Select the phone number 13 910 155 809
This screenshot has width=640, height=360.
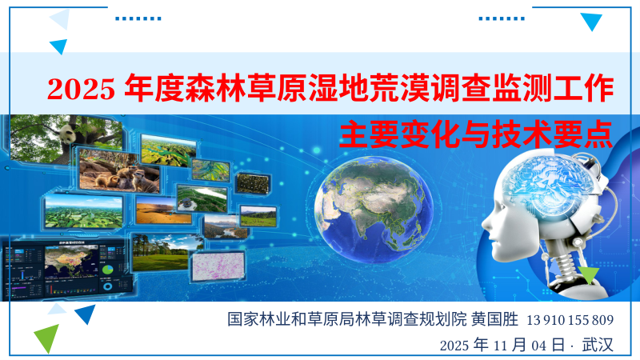[x=570, y=320]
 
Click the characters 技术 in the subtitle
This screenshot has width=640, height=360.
[x=520, y=133]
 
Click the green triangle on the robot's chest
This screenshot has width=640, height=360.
[x=590, y=276]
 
